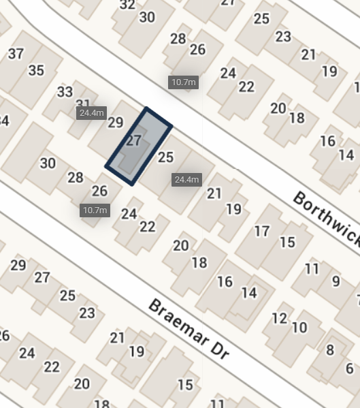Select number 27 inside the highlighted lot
[134, 141]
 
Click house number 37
[16, 54]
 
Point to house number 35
[36, 70]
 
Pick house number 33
[65, 91]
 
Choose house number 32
[127, 5]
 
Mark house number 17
[262, 231]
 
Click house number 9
[336, 281]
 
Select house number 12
[279, 317]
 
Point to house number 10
[299, 328]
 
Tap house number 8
[330, 350]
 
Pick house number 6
[349, 368]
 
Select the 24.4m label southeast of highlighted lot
[186, 180]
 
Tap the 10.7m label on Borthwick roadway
[183, 82]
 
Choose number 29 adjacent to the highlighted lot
[115, 123]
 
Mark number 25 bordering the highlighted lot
[165, 157]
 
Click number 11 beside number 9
[312, 268]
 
